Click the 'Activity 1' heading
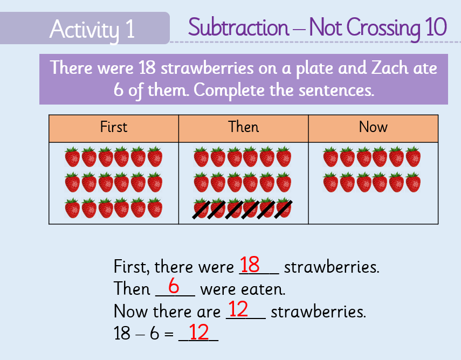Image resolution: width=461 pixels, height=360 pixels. click(92, 29)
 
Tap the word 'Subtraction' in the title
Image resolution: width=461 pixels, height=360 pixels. click(239, 27)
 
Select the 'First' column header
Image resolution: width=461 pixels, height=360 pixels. click(113, 127)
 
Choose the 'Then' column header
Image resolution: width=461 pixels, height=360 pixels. click(243, 127)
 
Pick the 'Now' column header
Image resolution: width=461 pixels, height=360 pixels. click(373, 127)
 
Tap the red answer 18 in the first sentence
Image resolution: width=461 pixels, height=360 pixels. click(250, 265)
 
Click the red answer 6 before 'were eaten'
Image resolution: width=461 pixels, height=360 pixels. click(174, 285)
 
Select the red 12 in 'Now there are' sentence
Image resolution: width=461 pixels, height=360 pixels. click(238, 309)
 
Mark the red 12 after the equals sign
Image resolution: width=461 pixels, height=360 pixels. click(198, 331)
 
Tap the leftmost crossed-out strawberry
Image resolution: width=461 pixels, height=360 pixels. click(201, 209)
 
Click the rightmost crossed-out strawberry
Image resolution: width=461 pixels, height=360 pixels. click(284, 209)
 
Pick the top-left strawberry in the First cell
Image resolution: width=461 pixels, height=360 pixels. click(72, 157)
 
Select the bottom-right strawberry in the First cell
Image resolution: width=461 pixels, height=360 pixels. click(155, 208)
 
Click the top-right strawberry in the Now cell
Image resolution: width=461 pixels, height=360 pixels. click(413, 157)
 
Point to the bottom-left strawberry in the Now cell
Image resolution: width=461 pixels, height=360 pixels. click(331, 183)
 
